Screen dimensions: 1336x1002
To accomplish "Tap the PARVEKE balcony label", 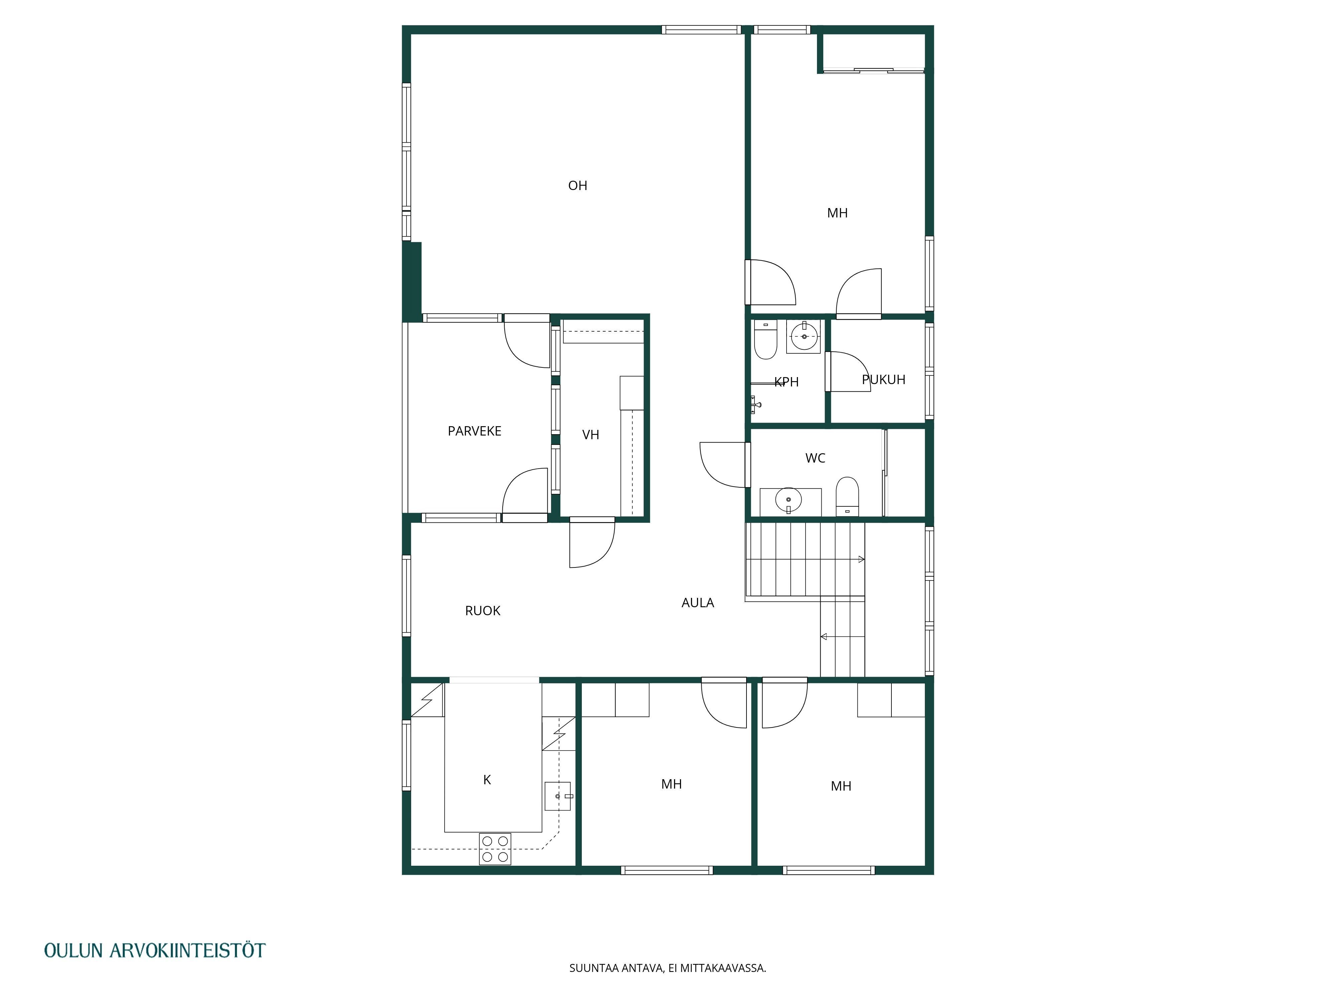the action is pos(474,431).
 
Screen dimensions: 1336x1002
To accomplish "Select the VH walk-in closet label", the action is pos(591,435).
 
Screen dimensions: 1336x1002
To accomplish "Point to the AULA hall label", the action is pos(698,603).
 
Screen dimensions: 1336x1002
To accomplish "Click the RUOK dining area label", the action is pos(483,611).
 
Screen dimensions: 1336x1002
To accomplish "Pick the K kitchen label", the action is pos(487,780).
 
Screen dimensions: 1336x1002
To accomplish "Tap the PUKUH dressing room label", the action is pos(884,380).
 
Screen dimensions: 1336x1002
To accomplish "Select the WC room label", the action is pos(815,459).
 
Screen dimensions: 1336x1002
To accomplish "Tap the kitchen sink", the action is pos(557,796).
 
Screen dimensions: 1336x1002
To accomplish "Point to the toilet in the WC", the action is pos(847,496).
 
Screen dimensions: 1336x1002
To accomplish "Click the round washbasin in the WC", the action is pos(789,500).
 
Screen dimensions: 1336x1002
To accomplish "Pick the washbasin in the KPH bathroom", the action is pos(804,336).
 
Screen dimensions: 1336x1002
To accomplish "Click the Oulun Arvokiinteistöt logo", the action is pos(155,950).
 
